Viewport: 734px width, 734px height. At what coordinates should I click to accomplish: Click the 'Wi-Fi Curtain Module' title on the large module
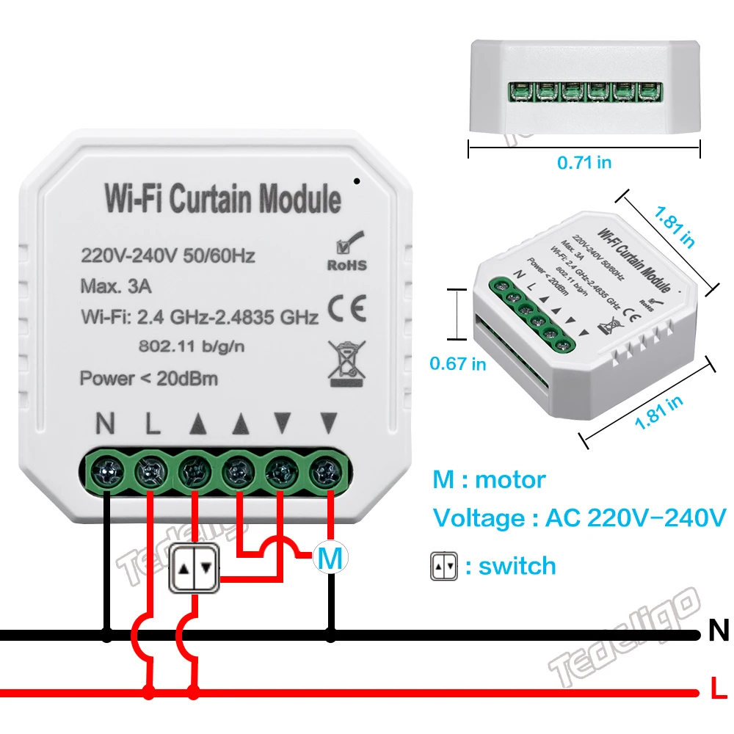pyautogui.click(x=222, y=199)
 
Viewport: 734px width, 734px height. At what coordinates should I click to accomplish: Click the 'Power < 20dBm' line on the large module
pyautogui.click(x=148, y=379)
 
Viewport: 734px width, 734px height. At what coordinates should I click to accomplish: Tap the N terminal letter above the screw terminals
pyautogui.click(x=106, y=424)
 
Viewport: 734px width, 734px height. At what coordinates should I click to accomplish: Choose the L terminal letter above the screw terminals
pyautogui.click(x=151, y=424)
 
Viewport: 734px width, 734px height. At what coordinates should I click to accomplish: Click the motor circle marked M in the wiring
pyautogui.click(x=331, y=559)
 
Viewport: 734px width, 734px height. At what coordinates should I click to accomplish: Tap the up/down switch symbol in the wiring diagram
pyautogui.click(x=195, y=568)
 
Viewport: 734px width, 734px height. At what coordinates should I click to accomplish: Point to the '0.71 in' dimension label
pyautogui.click(x=584, y=163)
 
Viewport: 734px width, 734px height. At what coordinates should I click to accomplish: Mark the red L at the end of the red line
pyautogui.click(x=718, y=691)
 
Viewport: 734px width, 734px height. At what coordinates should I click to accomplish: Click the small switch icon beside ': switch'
pyautogui.click(x=443, y=567)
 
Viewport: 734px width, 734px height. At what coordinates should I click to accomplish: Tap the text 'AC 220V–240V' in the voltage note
pyautogui.click(x=635, y=517)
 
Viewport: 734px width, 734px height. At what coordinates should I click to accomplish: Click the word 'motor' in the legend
pyautogui.click(x=510, y=480)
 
